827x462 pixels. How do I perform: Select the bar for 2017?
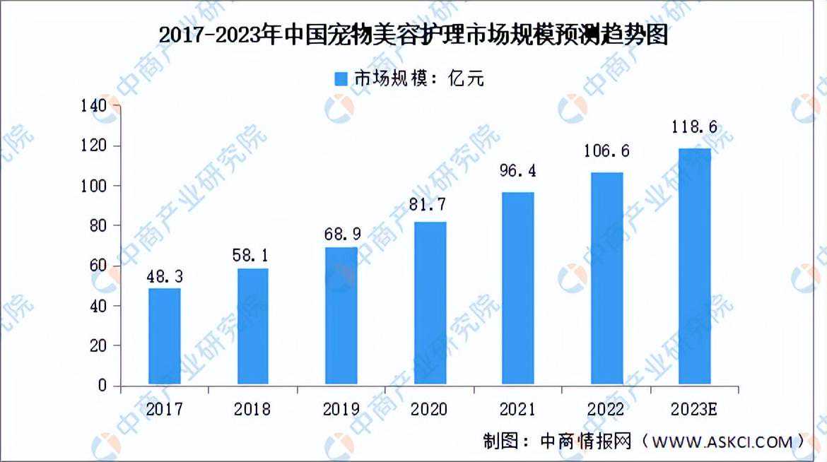pos(164,337)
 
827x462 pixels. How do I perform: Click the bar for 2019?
pos(341,316)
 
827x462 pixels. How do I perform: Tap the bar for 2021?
pos(517,289)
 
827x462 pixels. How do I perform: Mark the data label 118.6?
pos(693,127)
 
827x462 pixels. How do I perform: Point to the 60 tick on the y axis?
pos(98,266)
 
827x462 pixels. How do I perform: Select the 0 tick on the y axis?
pos(103,386)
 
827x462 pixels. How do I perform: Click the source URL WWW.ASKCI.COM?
pos(722,442)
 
